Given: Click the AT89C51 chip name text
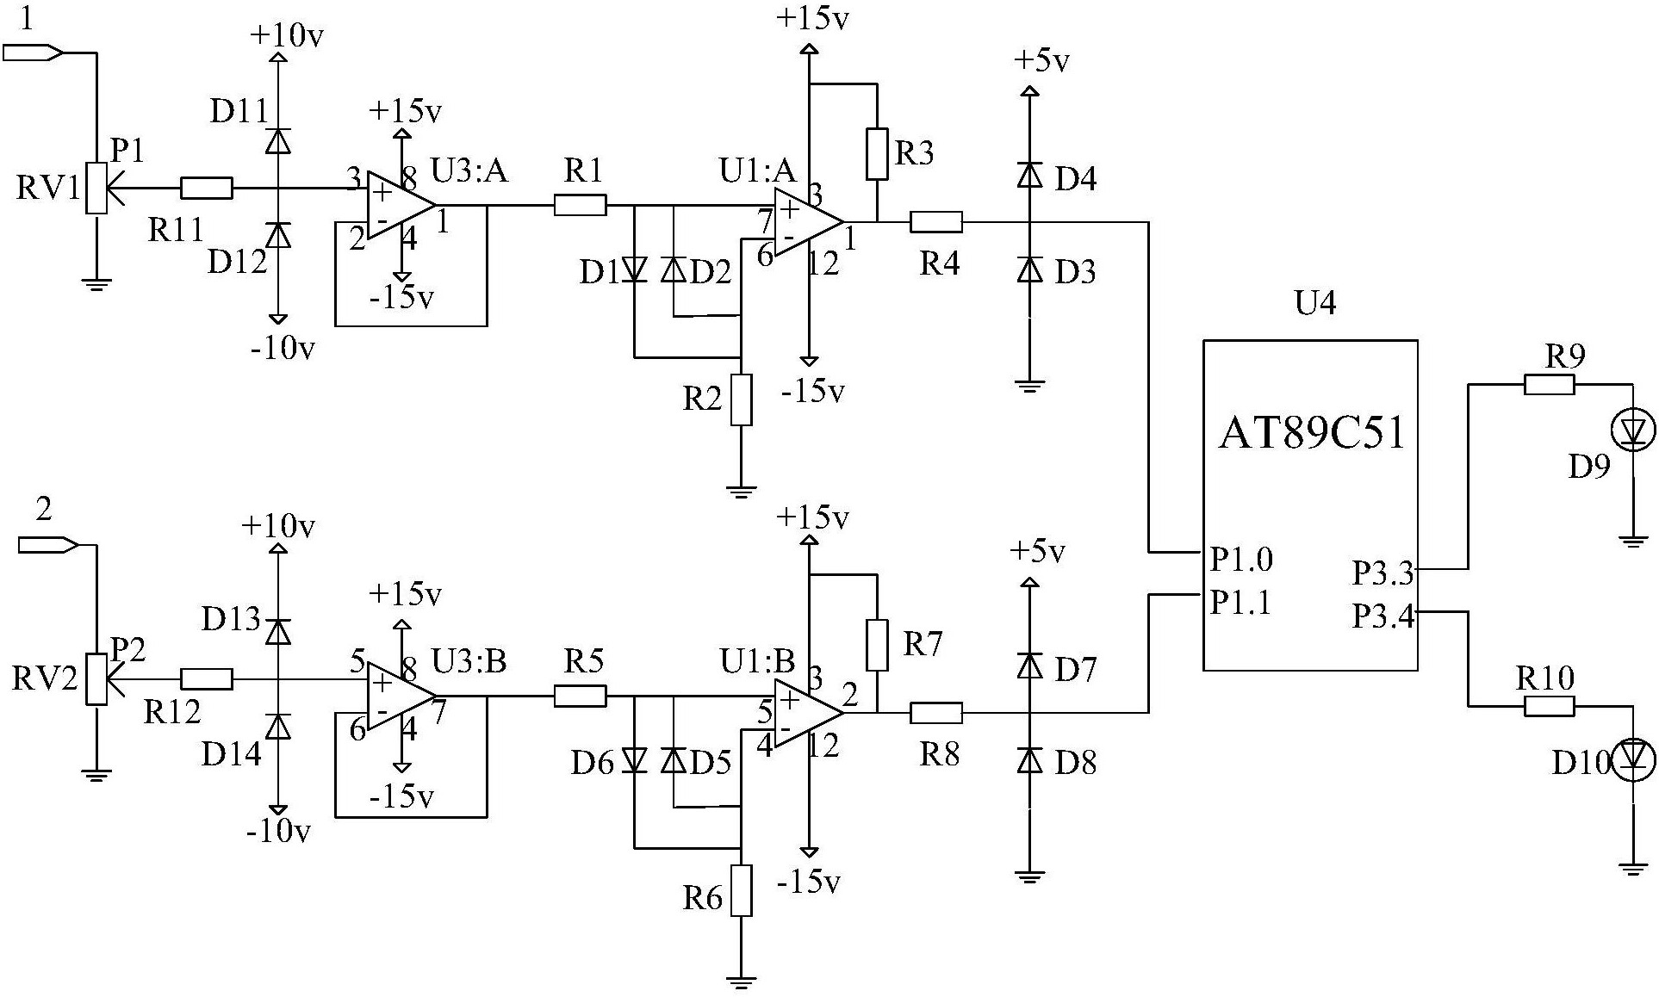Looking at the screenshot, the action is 1311,433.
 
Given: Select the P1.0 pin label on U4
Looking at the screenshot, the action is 1241,560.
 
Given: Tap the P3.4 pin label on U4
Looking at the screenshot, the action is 1383,616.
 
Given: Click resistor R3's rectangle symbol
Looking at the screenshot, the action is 877,153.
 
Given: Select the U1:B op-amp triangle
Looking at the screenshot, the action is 808,713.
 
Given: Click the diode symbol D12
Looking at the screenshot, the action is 277,236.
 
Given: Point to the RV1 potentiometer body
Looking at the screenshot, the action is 96,188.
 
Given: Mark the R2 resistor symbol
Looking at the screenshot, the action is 741,399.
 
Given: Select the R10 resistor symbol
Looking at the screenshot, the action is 1550,707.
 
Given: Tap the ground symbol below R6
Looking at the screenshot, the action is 740,981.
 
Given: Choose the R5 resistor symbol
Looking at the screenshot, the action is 580,696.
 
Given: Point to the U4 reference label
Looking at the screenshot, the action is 1315,303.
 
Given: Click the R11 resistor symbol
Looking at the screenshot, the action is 207,188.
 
